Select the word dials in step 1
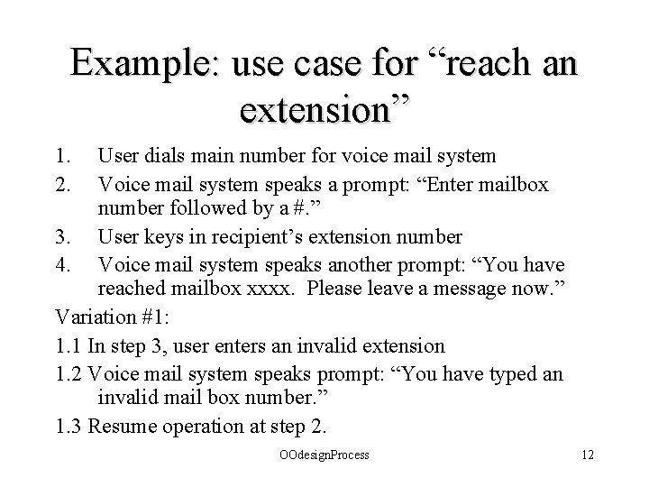click(165, 156)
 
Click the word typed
click(507, 373)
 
